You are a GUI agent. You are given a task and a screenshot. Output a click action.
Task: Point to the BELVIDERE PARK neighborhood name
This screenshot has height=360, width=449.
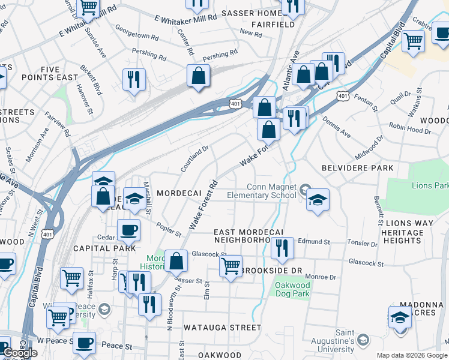tap(357, 168)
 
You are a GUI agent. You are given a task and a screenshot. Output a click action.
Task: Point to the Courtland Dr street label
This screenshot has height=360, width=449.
tap(195, 158)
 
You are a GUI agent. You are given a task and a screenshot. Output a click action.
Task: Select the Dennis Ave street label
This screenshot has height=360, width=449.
tap(336, 124)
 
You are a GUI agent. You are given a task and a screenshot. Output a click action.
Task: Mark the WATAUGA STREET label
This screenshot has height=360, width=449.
tap(222, 328)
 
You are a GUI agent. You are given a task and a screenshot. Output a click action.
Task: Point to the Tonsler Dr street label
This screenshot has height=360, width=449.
tap(363, 244)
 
